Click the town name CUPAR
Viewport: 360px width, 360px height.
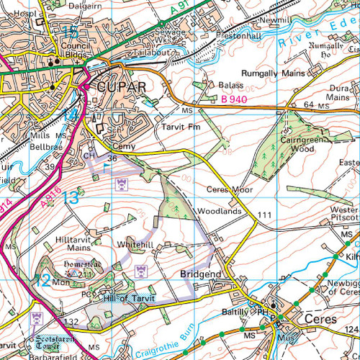122,87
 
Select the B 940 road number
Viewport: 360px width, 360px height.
234,99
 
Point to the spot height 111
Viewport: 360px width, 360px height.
265,216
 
